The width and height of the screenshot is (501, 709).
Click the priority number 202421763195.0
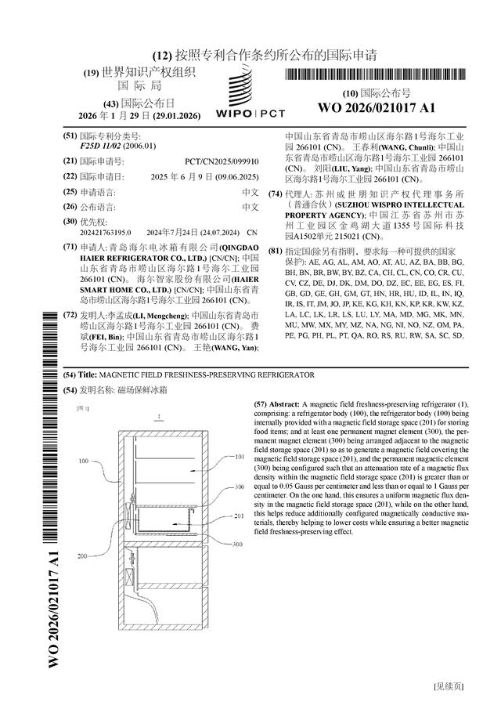106,233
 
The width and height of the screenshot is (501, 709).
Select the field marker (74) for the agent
276,194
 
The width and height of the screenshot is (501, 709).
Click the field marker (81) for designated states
276,251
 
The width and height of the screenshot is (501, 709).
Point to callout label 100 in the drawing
84,461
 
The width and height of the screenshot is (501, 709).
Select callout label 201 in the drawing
239,515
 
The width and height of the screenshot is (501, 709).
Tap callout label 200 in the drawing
82,555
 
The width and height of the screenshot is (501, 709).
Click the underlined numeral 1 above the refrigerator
159,417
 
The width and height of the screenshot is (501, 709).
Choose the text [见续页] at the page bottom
448,685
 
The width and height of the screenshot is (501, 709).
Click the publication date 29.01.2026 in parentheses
176,115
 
